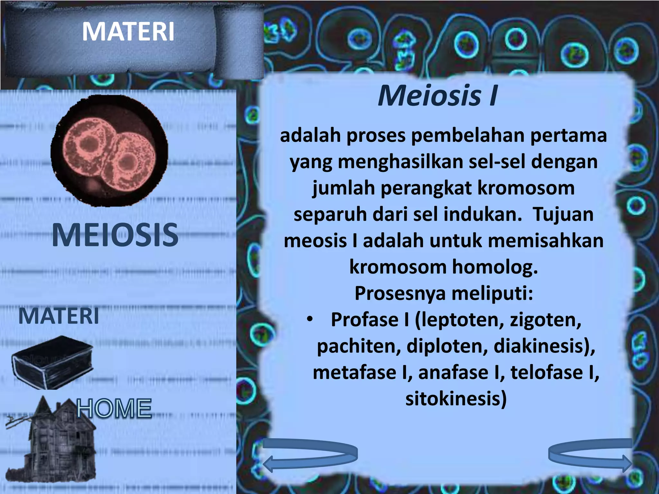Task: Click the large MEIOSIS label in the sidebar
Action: [x=115, y=235]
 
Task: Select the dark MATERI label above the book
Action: [x=59, y=316]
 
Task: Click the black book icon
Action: [x=52, y=362]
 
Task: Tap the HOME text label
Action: [x=114, y=408]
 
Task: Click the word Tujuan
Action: [x=563, y=215]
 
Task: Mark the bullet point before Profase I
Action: [x=310, y=319]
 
